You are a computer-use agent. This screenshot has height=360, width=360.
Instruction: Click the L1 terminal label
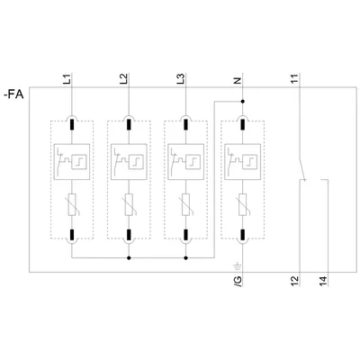pos(67,78)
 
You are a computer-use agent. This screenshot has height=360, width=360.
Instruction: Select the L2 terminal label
pos(124,78)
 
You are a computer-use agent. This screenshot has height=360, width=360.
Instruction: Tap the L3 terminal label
pos(181,78)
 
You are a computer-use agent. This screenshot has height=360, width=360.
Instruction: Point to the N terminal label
pos(238,81)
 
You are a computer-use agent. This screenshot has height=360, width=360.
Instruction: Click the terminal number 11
pos(294,78)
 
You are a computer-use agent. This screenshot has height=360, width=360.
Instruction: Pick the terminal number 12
pos(295,281)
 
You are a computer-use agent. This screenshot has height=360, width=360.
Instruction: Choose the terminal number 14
pos(323,281)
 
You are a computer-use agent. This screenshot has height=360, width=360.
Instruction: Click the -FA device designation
pos(13,94)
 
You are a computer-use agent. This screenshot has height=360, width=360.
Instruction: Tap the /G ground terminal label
pos(238,281)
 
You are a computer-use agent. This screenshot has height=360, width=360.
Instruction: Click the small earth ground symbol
pos(237,266)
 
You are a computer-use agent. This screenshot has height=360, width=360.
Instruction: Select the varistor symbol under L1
pos(72,204)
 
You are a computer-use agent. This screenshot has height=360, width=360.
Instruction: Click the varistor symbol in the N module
pos(243,204)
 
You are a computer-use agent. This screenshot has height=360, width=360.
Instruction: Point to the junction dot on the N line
pos(243,102)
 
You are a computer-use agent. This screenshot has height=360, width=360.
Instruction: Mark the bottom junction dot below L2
pos(129,257)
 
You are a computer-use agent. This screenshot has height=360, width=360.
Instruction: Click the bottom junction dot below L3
pos(185,257)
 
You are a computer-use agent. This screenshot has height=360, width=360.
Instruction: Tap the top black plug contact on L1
pos(72,125)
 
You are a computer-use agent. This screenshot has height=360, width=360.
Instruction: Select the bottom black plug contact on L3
pos(185,235)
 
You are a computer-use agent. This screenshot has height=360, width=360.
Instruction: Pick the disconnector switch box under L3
pos(185,162)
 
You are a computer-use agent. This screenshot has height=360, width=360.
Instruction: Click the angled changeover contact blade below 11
pos(302,169)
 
